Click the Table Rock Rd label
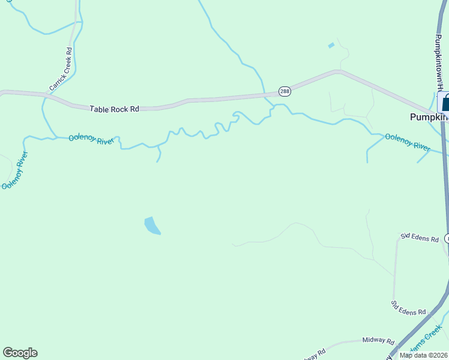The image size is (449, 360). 114,109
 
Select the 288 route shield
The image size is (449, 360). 285,91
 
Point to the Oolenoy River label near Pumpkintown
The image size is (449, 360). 408,145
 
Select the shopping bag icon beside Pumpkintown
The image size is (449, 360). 445,103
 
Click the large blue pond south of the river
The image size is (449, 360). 152,225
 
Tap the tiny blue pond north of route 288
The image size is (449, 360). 331,45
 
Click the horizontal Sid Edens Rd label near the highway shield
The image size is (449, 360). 420,238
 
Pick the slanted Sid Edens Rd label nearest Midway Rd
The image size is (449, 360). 408,308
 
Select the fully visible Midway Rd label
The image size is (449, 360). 378,340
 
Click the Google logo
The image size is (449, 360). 20,353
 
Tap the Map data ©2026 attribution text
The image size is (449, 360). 424,355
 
